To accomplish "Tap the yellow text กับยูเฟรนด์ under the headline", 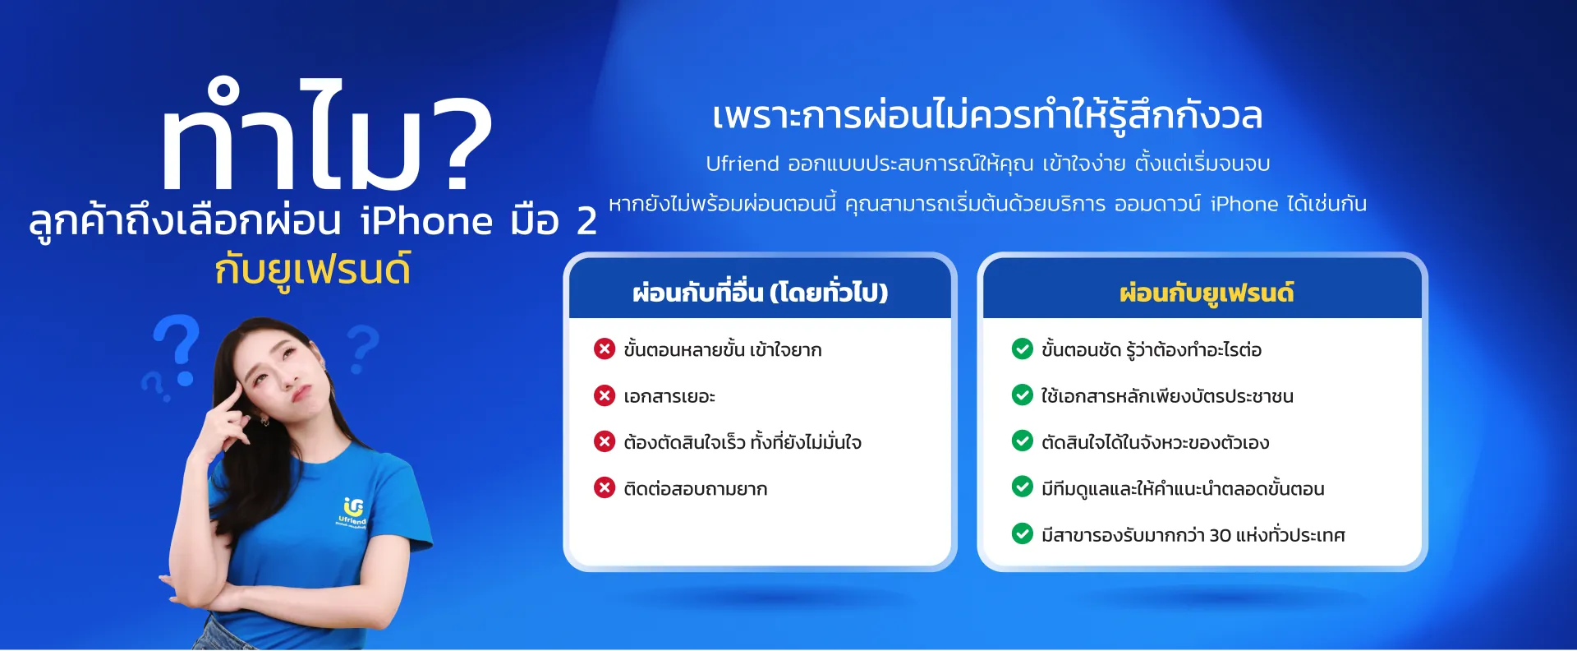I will coord(312,270).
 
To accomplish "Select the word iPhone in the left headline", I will coord(426,221).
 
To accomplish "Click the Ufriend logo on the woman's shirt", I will coord(353,511).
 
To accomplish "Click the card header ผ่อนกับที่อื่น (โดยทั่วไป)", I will coord(760,292).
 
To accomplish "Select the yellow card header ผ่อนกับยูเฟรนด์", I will coord(1206,292).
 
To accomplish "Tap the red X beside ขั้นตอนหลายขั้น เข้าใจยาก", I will coord(605,349).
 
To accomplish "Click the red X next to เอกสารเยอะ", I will coord(605,395).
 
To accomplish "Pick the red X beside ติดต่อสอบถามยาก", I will coord(605,488).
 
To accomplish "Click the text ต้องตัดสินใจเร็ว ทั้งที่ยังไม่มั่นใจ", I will coord(742,442).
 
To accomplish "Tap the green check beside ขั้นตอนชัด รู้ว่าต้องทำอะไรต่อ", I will coord(1022,349).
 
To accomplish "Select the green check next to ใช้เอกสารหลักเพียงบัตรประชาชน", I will coord(1022,395).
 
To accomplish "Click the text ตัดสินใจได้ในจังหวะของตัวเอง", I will coord(1155,442).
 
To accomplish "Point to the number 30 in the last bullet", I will coord(1220,535).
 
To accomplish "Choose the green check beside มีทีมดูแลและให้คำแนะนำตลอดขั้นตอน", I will coord(1022,487).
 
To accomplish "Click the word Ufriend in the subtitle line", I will coord(742,164).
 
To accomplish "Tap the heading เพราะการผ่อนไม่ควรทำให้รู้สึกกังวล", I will coord(986,115).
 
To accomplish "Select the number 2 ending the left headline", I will coord(586,221).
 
